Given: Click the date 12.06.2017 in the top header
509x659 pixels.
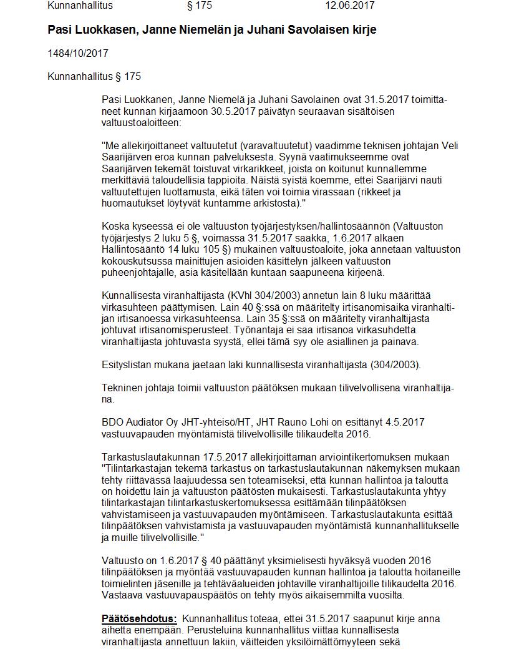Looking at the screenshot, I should pos(349,6).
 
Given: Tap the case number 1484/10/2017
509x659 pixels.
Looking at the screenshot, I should pos(77,54).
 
